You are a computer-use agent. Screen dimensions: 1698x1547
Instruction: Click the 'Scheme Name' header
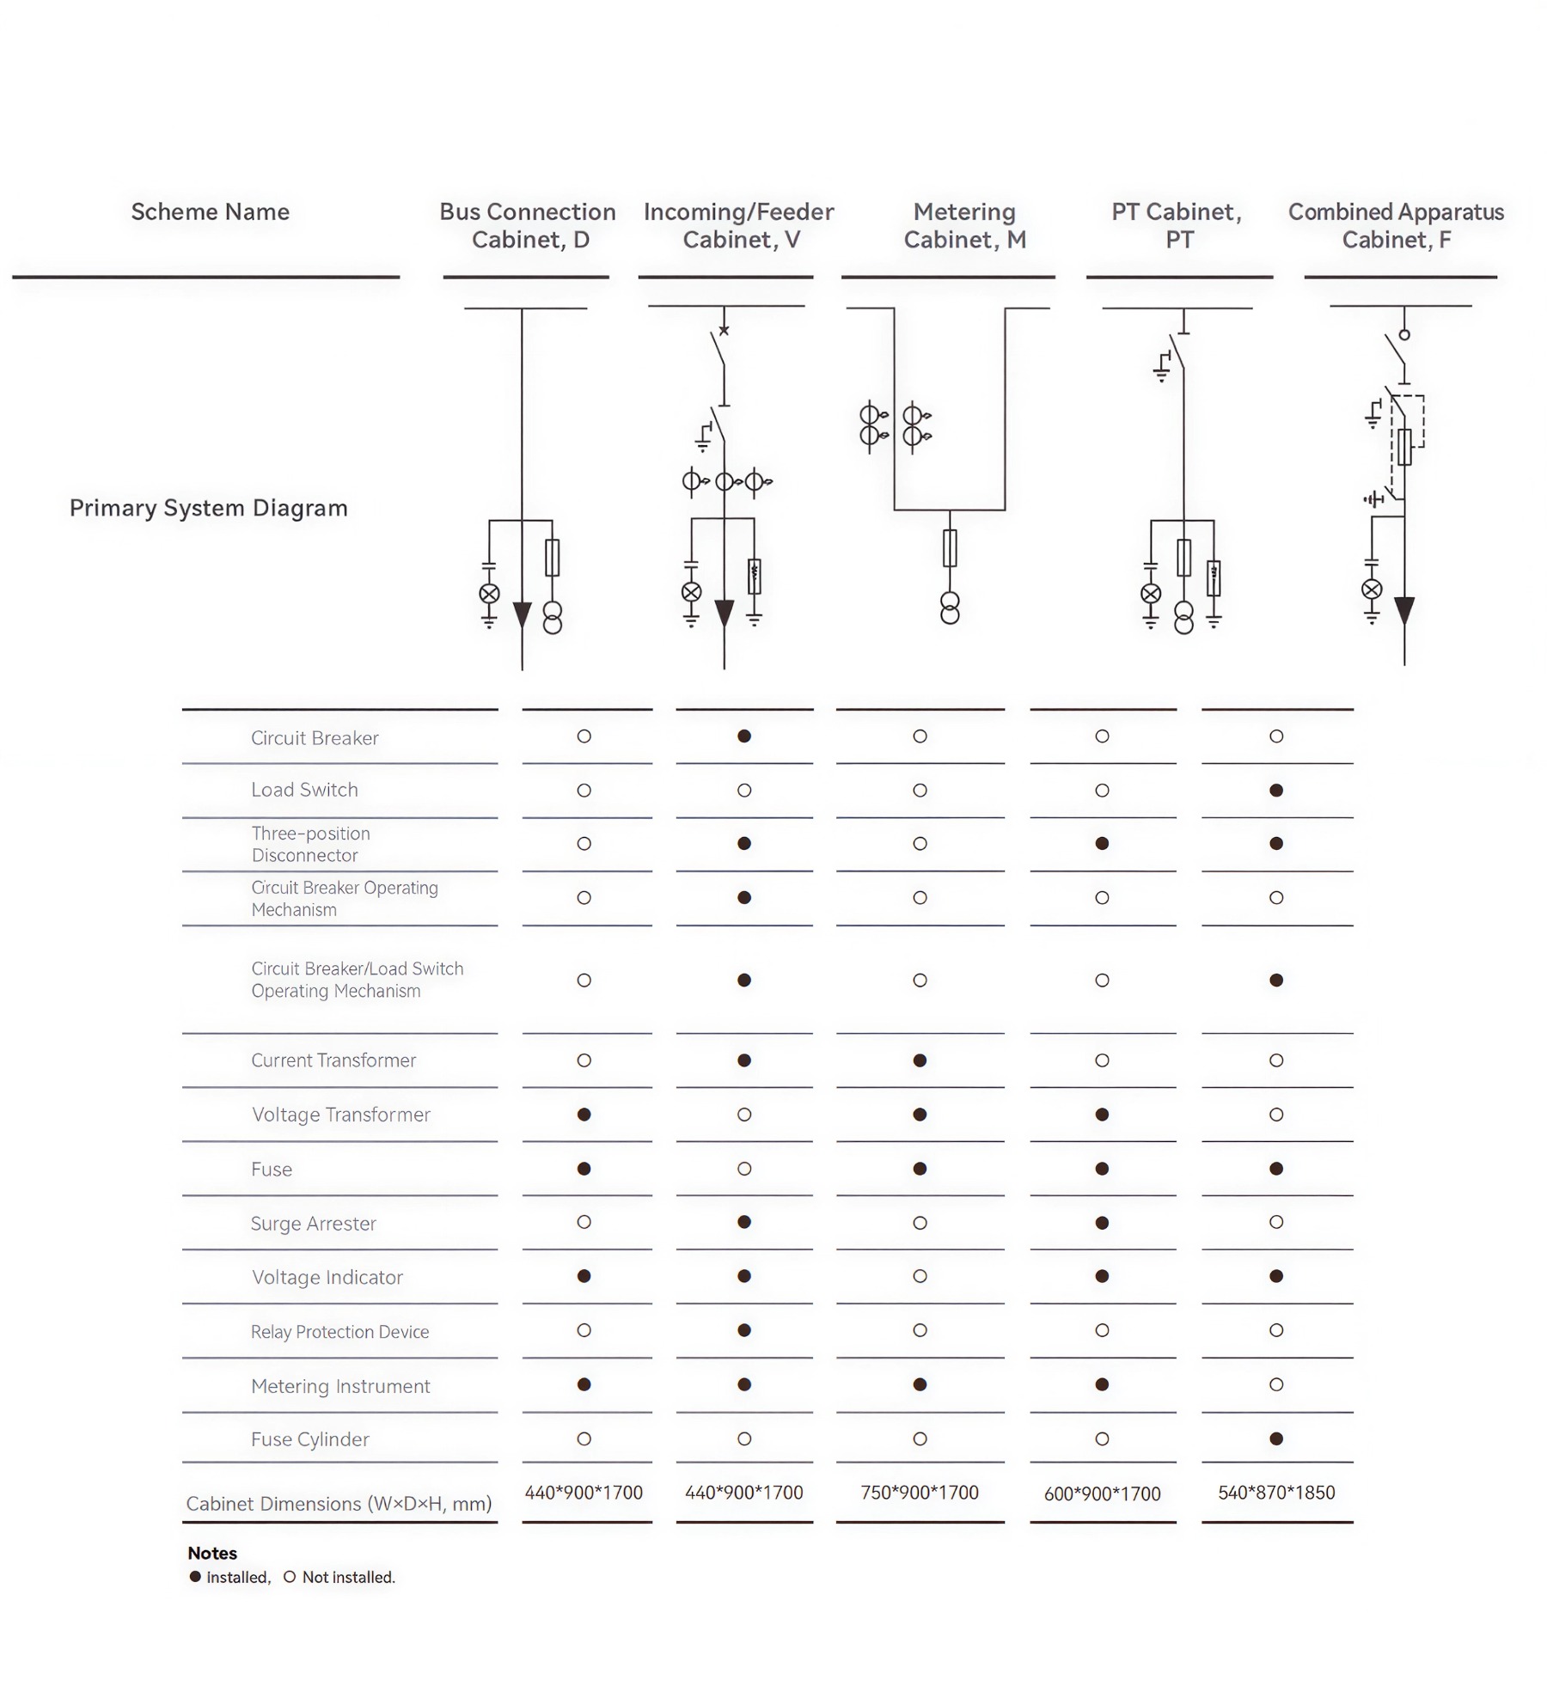pyautogui.click(x=210, y=212)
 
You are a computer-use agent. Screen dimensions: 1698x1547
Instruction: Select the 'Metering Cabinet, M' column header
pyautogui.click(x=964, y=226)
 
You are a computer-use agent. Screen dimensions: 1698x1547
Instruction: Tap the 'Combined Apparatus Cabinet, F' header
pyautogui.click(x=1396, y=226)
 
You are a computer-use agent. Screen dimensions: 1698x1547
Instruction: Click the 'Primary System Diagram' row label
pyautogui.click(x=209, y=508)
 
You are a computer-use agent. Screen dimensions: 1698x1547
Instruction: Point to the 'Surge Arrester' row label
pyautogui.click(x=313, y=1223)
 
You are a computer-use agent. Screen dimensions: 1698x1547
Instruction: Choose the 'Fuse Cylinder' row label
pyautogui.click(x=309, y=1439)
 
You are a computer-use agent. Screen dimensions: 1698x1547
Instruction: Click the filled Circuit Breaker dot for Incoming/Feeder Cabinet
pyautogui.click(x=744, y=736)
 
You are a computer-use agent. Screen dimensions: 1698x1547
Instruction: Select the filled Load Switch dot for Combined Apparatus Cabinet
pyautogui.click(x=1276, y=791)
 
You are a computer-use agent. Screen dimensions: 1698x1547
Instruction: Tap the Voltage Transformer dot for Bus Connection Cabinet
pyautogui.click(x=584, y=1115)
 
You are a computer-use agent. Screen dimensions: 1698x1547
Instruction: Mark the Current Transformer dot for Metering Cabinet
pyautogui.click(x=920, y=1060)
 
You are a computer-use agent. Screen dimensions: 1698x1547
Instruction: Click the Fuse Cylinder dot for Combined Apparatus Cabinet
pyautogui.click(x=1276, y=1438)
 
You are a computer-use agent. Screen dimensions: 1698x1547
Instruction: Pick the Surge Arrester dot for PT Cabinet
pyautogui.click(x=1102, y=1223)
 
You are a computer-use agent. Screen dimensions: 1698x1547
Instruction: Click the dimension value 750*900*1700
pyautogui.click(x=920, y=1493)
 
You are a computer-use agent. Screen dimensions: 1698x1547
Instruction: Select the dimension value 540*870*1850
pyautogui.click(x=1276, y=1493)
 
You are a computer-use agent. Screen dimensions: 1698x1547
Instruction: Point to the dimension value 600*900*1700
pyautogui.click(x=1102, y=1494)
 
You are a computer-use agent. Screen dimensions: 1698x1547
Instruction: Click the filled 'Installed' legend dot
pyautogui.click(x=195, y=1577)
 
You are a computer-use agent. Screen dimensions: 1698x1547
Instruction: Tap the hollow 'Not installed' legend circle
pyautogui.click(x=290, y=1577)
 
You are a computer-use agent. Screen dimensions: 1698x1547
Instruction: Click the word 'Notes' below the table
pyautogui.click(x=212, y=1553)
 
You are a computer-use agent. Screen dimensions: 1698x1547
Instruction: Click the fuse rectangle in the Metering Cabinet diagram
pyautogui.click(x=950, y=548)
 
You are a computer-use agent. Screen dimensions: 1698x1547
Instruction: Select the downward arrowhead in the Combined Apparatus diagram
pyautogui.click(x=1404, y=610)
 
